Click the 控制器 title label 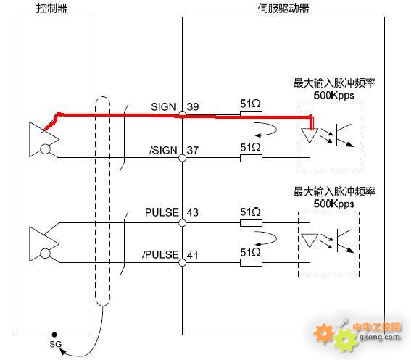(x=51, y=8)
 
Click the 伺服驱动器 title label (x=283, y=8)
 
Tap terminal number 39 (x=193, y=107)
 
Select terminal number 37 (x=193, y=151)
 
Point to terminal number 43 (x=193, y=212)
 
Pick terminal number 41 (x=193, y=255)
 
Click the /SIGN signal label (x=163, y=151)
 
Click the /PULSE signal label (x=160, y=255)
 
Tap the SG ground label (x=56, y=344)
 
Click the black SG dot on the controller (x=54, y=335)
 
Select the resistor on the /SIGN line (x=251, y=158)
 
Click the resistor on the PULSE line (x=251, y=223)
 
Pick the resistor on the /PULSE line (x=251, y=262)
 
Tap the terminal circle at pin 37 (x=182, y=158)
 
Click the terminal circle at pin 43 (x=182, y=223)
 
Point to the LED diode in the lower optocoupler (x=310, y=241)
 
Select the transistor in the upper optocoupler (x=344, y=135)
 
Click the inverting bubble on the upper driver (x=45, y=149)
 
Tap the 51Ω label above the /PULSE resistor (x=250, y=253)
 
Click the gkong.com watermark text (x=379, y=338)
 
